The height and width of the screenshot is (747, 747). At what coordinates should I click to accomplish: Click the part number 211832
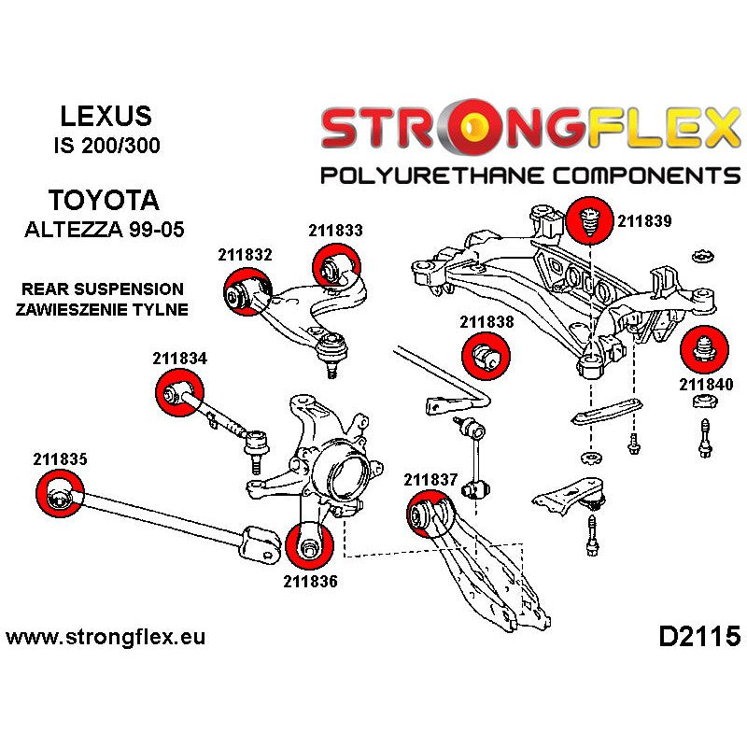pyautogui.click(x=245, y=254)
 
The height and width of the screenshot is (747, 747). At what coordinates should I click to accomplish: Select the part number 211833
pyautogui.click(x=335, y=229)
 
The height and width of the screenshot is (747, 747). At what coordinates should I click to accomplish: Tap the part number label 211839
pyautogui.click(x=643, y=221)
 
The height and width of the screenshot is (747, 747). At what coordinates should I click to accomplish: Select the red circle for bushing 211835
pyautogui.click(x=59, y=493)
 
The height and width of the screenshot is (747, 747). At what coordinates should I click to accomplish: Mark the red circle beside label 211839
pyautogui.click(x=590, y=221)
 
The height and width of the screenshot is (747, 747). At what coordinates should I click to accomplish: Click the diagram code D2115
pyautogui.click(x=699, y=638)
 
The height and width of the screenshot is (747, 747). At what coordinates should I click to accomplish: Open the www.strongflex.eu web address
pyautogui.click(x=106, y=639)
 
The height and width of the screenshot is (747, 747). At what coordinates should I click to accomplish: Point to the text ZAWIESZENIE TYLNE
pyautogui.click(x=103, y=309)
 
